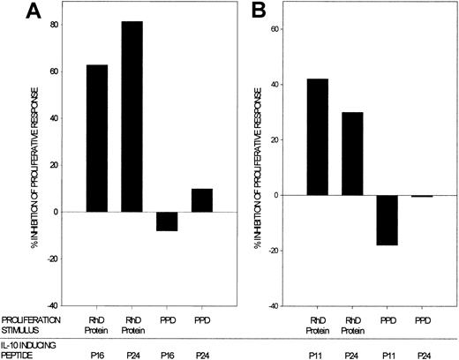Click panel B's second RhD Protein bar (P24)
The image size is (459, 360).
[352, 154]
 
